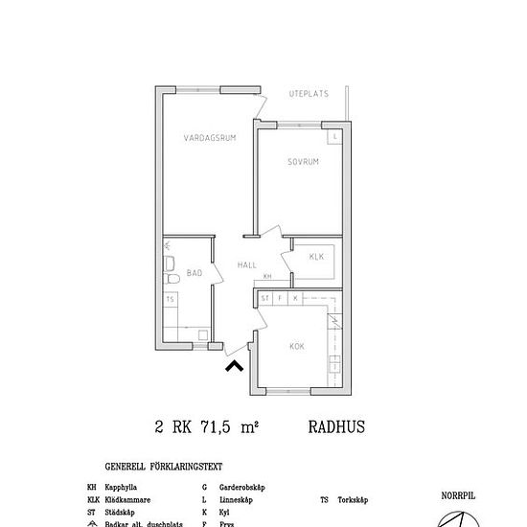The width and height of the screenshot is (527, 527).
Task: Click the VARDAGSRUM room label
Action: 210,138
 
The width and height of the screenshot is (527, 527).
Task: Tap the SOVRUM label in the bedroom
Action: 303,162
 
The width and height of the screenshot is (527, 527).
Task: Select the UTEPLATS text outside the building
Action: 309,94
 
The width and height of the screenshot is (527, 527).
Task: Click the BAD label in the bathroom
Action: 195,273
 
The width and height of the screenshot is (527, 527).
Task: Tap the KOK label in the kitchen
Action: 297,345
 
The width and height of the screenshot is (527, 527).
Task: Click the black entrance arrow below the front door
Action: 233,364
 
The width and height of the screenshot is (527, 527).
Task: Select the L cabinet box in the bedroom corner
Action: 335,137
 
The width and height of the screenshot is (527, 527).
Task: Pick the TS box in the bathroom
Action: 171,300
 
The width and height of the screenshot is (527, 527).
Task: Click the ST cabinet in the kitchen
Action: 265,298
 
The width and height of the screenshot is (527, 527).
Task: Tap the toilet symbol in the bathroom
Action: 173,279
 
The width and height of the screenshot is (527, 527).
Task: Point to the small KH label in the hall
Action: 267,276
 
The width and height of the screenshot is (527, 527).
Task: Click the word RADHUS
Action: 337,427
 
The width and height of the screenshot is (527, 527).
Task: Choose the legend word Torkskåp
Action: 355,500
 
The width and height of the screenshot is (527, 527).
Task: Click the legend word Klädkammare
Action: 126,500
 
